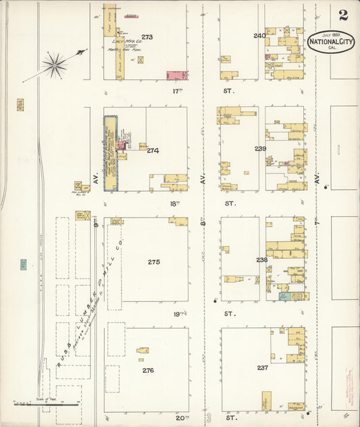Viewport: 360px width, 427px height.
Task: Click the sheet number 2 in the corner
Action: (x=344, y=15)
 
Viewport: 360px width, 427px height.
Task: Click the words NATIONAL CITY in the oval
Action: (x=331, y=42)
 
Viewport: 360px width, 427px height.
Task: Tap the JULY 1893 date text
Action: (x=331, y=34)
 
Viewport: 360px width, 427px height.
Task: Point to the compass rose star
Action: (x=54, y=65)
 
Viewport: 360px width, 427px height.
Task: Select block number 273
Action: (x=147, y=37)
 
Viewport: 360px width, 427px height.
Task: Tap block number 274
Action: (x=153, y=150)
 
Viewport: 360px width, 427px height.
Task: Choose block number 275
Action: (x=154, y=261)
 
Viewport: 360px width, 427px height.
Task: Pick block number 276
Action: (x=148, y=370)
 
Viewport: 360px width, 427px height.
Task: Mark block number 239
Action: (x=260, y=148)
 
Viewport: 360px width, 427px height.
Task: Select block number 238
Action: (x=261, y=259)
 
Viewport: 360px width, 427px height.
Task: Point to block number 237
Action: (x=262, y=368)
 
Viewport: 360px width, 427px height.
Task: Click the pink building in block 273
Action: (x=177, y=75)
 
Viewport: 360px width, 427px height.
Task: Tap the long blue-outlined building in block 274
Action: (x=110, y=152)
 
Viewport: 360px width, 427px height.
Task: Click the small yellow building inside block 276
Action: (x=143, y=350)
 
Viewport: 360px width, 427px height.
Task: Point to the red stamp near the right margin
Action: (x=350, y=382)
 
